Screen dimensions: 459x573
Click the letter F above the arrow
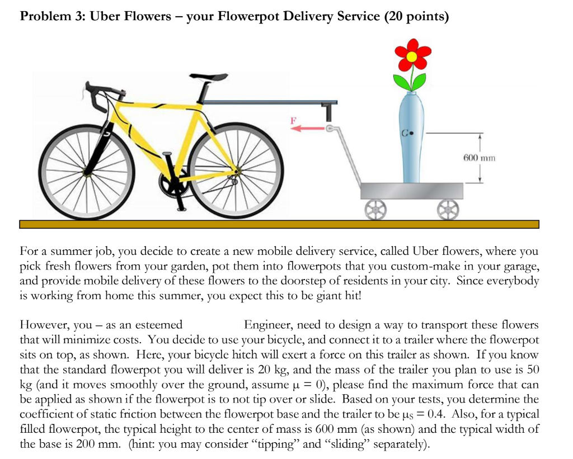click(292, 119)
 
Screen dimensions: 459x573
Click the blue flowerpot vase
click(412, 140)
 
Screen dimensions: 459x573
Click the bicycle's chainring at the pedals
click(171, 180)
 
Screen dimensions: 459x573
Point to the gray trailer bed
click(412, 191)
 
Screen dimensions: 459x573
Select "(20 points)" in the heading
click(416, 16)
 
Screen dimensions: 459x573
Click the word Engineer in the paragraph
click(269, 325)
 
